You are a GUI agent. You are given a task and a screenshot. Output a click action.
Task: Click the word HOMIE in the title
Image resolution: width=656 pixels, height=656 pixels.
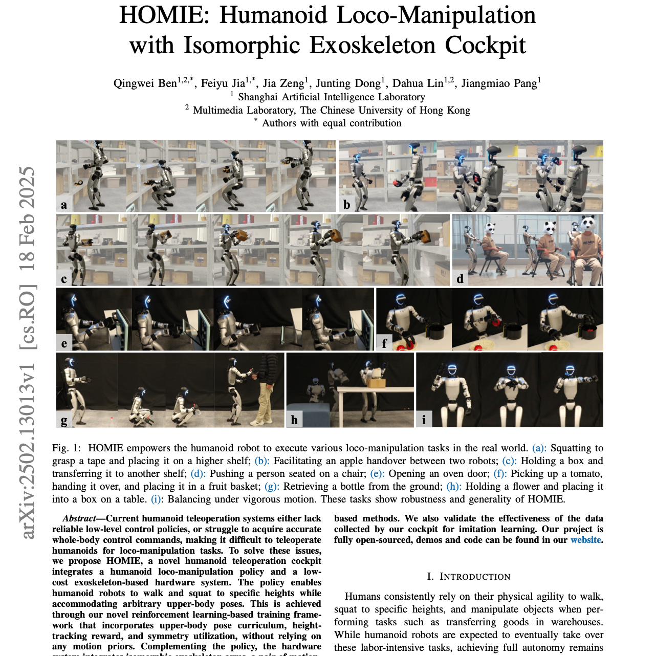[164, 15]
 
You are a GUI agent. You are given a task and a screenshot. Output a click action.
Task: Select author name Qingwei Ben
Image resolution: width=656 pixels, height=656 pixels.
[145, 83]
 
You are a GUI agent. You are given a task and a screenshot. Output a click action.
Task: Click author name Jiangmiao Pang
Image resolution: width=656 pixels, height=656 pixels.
[499, 83]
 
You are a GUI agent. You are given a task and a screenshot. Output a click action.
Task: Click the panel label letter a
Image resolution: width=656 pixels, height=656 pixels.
[64, 205]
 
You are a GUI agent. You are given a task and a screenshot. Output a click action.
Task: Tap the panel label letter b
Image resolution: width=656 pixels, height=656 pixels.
[346, 205]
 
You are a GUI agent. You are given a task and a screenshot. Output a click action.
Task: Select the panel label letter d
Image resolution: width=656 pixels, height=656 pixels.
[460, 278]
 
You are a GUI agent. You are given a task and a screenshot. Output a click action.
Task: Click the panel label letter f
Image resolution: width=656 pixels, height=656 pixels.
[384, 343]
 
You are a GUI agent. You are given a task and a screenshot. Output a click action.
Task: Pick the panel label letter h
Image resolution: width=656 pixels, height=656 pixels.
[294, 420]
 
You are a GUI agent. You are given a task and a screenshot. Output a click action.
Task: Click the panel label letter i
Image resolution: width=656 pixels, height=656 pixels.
[424, 420]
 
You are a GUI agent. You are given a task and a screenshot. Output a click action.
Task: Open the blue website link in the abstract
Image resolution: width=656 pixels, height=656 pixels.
[586, 540]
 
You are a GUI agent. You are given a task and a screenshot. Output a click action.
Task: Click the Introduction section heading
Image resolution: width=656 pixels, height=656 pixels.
[469, 577]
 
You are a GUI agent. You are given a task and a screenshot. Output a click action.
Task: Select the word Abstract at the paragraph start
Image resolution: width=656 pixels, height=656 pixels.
[79, 518]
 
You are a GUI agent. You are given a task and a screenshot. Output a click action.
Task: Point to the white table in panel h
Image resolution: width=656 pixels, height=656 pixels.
[375, 391]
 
